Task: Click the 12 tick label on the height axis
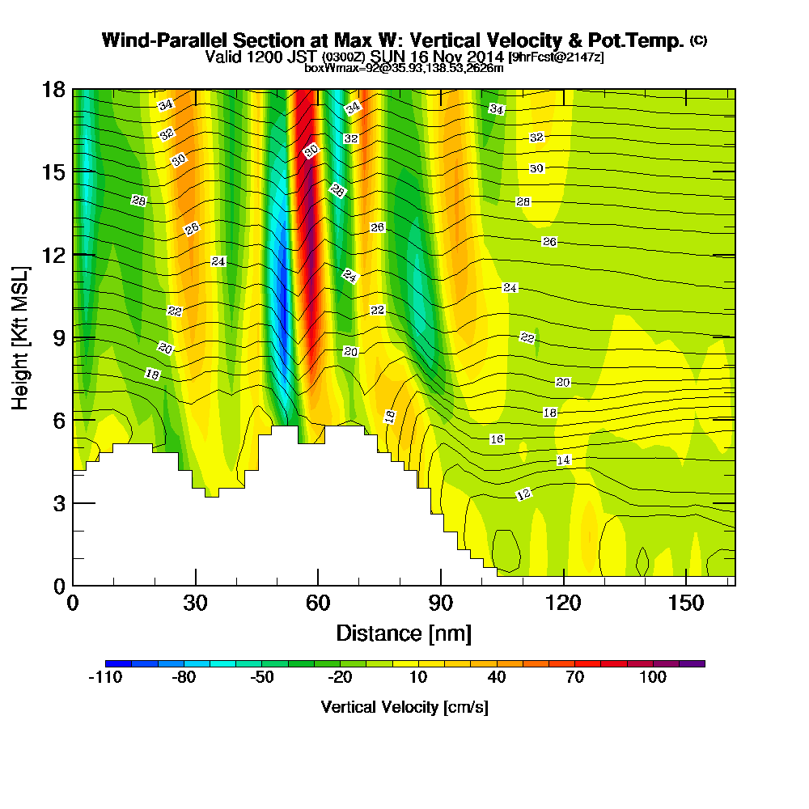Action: (54, 254)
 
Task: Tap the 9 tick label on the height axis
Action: (58, 337)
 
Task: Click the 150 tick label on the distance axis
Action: (686, 604)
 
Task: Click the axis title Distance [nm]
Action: (404, 633)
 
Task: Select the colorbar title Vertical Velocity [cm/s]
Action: (404, 707)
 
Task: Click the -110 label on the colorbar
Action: (104, 677)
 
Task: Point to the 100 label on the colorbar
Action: (653, 677)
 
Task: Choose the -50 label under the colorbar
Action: (261, 677)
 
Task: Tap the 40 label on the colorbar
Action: (497, 677)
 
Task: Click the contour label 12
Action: (523, 493)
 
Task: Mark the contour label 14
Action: (564, 460)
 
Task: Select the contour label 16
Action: (497, 438)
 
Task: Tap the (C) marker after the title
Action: (698, 40)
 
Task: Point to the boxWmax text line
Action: (404, 68)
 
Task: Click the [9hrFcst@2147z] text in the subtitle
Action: (555, 57)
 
